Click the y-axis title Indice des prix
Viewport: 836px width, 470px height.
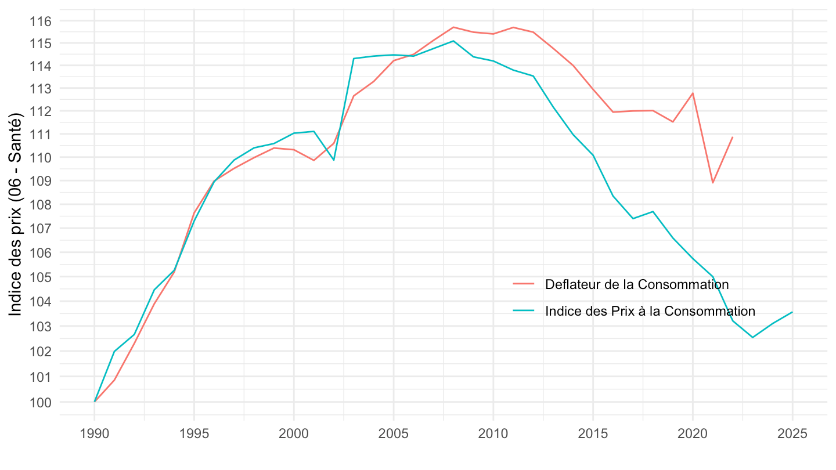click(x=16, y=215)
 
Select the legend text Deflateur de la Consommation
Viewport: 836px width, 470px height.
click(x=637, y=284)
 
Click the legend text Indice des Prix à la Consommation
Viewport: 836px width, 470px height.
click(x=650, y=311)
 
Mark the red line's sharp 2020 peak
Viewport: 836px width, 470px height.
click(x=693, y=93)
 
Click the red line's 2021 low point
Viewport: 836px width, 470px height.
click(x=712, y=183)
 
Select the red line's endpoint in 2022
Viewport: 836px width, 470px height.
click(x=733, y=137)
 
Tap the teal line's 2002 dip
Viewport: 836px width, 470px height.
click(x=333, y=160)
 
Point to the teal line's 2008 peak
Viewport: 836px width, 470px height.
click(x=453, y=41)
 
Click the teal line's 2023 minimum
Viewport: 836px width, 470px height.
click(x=752, y=337)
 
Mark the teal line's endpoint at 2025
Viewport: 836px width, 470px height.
click(x=792, y=312)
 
